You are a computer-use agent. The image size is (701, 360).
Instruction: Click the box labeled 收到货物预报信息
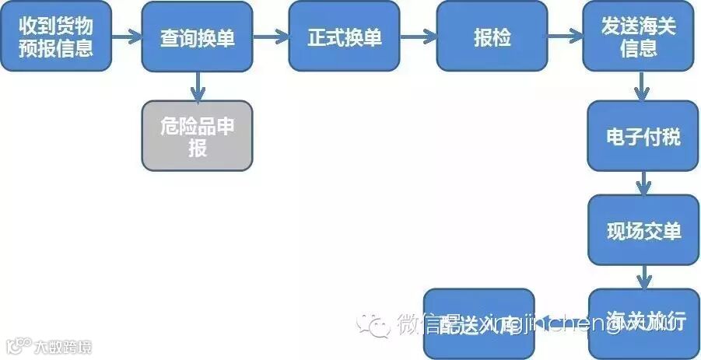click(56, 37)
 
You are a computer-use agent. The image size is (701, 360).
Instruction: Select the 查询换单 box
click(198, 37)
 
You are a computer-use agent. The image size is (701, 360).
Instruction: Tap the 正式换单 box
click(345, 37)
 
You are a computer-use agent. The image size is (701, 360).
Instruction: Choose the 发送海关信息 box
click(639, 37)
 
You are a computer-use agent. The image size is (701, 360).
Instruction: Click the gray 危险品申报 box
click(198, 136)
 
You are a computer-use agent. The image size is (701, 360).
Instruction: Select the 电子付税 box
click(643, 136)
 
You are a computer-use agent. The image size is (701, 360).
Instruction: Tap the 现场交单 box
click(643, 230)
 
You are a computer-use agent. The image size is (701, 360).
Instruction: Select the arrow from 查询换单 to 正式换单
click(271, 37)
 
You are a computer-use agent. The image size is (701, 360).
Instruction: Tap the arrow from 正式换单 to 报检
click(419, 37)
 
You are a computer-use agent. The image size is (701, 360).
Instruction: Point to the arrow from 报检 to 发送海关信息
click(565, 37)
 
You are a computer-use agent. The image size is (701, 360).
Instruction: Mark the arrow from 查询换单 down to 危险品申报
click(198, 86)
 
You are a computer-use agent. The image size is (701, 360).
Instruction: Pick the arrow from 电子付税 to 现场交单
click(643, 183)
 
